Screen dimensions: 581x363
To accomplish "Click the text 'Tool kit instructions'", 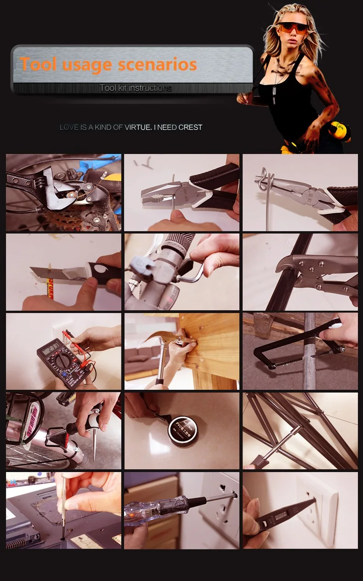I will [x=136, y=88].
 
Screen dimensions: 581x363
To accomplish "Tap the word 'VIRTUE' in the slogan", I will [x=138, y=127].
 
